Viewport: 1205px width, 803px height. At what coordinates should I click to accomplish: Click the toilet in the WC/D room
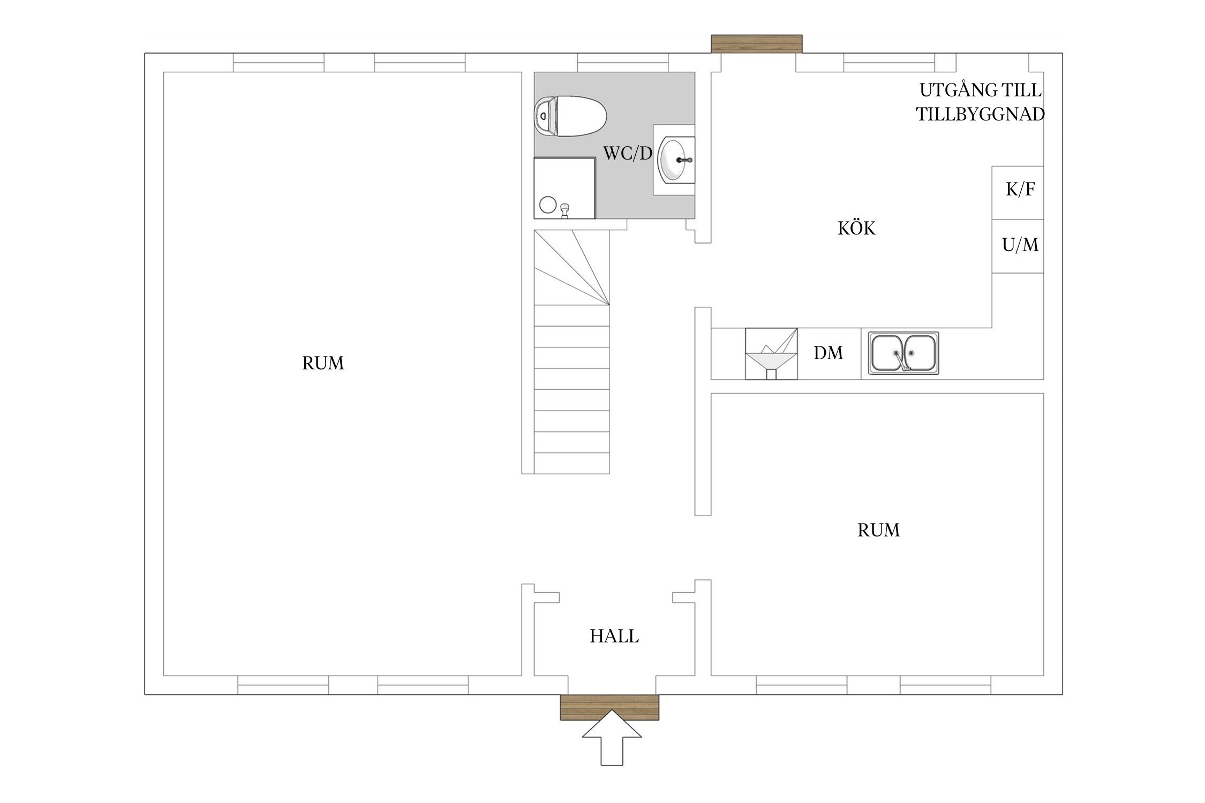[570, 116]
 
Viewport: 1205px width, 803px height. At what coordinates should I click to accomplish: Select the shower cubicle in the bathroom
[565, 188]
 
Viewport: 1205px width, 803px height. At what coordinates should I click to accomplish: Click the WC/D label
[628, 154]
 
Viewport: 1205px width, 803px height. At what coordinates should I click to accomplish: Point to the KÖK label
[856, 229]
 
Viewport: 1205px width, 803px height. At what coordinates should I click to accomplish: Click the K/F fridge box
[1018, 193]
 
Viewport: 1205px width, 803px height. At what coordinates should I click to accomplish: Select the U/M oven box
[1018, 246]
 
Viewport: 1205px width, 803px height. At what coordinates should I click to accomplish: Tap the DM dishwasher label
[829, 353]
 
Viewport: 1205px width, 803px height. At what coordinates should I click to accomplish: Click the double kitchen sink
[903, 353]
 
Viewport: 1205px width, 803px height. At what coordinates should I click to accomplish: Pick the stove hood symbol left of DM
[771, 354]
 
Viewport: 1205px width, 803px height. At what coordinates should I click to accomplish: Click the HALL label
[614, 636]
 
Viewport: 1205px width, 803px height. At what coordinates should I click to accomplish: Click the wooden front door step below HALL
[609, 707]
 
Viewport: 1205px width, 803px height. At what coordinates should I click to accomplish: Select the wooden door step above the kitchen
[757, 44]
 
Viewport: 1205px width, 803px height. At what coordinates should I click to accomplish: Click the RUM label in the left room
[323, 363]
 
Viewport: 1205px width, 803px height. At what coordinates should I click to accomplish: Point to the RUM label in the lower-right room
[879, 530]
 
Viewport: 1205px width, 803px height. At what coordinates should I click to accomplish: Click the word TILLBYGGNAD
[981, 115]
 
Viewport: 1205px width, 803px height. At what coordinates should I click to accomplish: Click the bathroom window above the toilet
[623, 63]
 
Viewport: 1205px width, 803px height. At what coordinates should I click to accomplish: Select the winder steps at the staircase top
[572, 268]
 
